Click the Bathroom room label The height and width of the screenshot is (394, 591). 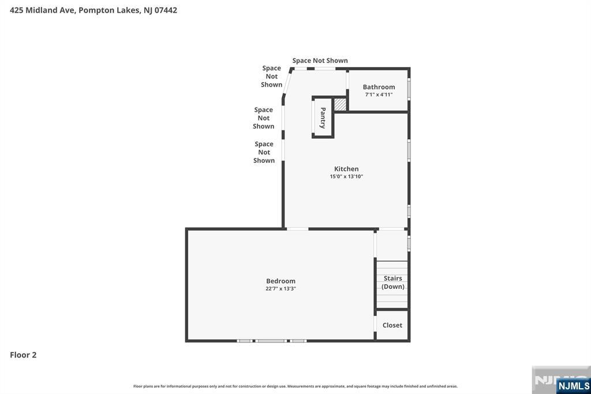[379, 87]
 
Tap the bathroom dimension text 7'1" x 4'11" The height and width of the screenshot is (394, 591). [379, 95]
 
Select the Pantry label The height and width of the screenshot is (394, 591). [323, 118]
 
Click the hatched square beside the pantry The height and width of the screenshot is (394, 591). [341, 105]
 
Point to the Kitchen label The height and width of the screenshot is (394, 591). [346, 169]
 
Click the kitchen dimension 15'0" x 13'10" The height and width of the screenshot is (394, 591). [346, 177]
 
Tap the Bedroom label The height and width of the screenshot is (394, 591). [280, 281]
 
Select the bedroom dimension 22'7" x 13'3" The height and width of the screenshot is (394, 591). [280, 289]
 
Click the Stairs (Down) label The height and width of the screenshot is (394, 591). [393, 283]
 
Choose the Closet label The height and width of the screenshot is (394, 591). [392, 325]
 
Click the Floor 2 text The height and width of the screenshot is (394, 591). [23, 355]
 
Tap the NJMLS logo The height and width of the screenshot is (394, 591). [573, 385]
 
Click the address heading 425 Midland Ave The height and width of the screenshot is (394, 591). [43, 10]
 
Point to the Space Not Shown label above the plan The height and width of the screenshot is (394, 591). [320, 61]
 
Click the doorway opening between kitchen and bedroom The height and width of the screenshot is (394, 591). [297, 229]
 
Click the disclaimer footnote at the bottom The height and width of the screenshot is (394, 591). [295, 386]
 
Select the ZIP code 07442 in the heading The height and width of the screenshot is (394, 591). [165, 10]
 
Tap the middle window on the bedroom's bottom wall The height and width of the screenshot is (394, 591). [271, 341]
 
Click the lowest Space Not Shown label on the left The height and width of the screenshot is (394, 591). [264, 153]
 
